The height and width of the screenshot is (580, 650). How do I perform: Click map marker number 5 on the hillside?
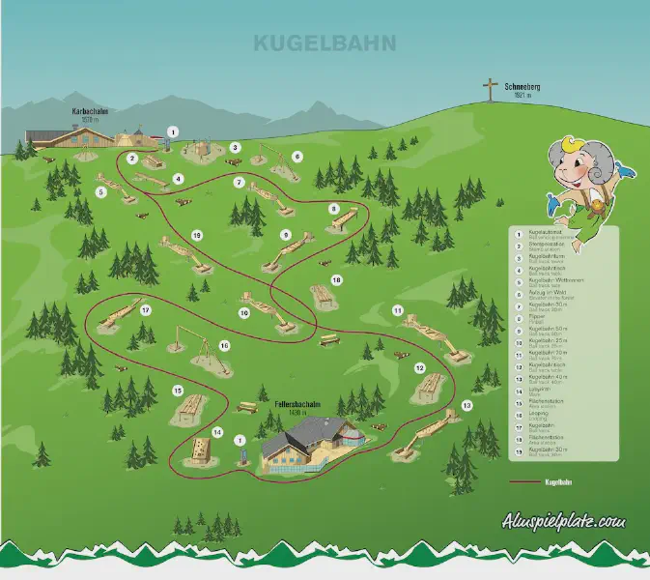[x=100, y=191]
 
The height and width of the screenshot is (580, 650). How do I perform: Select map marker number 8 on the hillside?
[x=334, y=208]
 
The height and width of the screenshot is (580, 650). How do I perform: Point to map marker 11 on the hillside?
[x=397, y=309]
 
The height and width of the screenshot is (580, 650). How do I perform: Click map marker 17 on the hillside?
[x=146, y=310]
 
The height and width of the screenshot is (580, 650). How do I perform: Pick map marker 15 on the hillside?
[x=178, y=390]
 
